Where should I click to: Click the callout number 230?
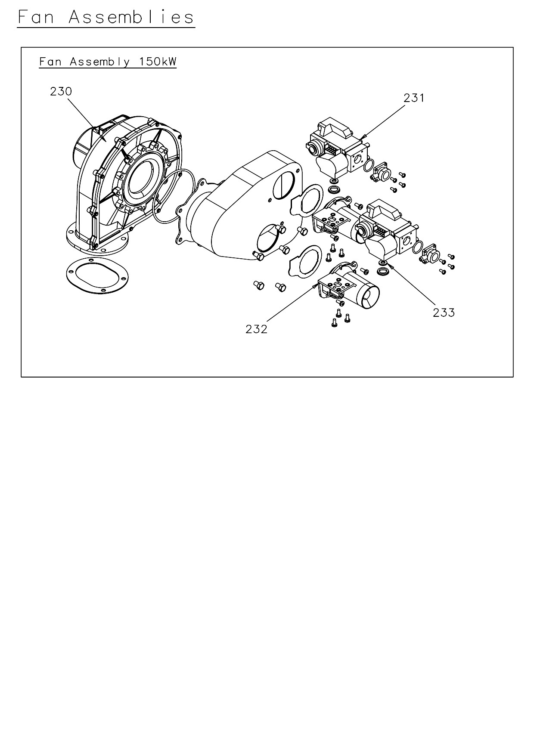[x=61, y=92]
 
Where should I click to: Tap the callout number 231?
[x=414, y=98]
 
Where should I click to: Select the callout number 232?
[x=256, y=329]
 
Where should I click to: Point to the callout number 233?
[x=444, y=313]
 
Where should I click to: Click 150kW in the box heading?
[x=158, y=62]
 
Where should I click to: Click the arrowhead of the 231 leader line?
[x=363, y=137]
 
